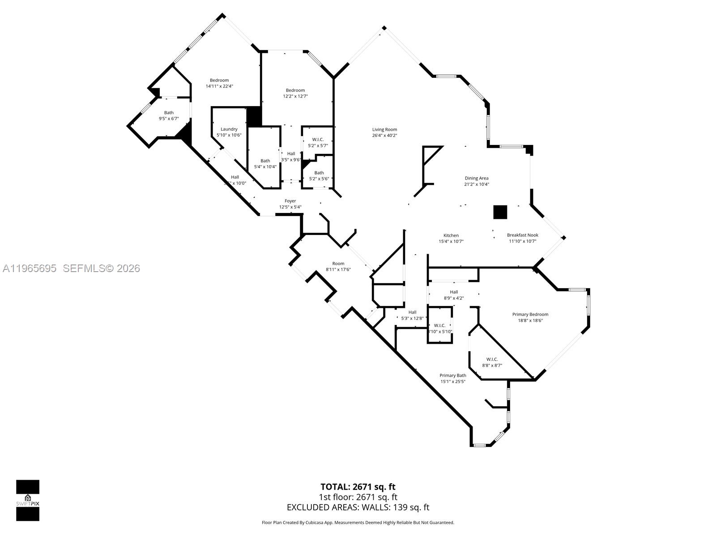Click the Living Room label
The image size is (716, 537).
tap(384, 130)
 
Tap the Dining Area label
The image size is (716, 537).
tap(476, 178)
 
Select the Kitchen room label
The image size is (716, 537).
tap(451, 235)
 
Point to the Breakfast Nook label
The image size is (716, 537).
tap(522, 235)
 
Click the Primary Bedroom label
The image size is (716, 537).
tap(530, 315)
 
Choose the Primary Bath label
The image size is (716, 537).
tap(453, 375)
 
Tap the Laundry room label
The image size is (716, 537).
tap(229, 129)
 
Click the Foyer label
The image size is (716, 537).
tap(290, 201)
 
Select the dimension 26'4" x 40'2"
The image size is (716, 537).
tap(384, 136)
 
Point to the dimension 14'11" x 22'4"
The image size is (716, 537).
tap(219, 86)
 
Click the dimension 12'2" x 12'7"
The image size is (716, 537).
tap(295, 96)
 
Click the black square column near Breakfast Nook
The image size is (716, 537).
tap(500, 212)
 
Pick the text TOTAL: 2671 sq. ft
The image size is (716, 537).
tap(358, 487)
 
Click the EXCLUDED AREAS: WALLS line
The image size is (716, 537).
tap(358, 507)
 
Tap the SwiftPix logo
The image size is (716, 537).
tap(28, 500)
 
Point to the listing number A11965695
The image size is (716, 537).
tap(30, 268)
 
